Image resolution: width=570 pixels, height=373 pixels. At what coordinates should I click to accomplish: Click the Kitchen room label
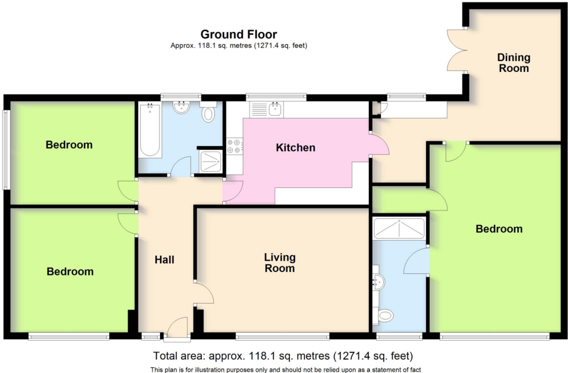click(295, 147)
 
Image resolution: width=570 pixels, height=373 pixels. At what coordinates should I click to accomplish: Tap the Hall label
click(164, 260)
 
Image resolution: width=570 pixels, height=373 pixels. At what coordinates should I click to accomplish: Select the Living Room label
click(280, 263)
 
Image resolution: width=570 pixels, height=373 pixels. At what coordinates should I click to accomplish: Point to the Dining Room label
click(514, 63)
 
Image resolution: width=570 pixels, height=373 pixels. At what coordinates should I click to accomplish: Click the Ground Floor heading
click(238, 34)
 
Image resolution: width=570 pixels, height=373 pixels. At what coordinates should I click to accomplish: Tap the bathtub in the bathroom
click(150, 130)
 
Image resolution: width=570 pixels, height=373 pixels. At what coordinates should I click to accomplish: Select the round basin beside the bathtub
click(181, 108)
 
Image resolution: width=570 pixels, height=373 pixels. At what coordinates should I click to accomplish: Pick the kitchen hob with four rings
click(234, 147)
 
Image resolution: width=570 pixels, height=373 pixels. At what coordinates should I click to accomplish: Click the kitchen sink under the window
click(266, 109)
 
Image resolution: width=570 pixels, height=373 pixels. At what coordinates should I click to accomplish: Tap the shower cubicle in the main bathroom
click(211, 162)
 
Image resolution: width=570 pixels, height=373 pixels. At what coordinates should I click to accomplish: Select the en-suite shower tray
click(399, 228)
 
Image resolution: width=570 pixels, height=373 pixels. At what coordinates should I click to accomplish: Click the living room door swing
click(204, 293)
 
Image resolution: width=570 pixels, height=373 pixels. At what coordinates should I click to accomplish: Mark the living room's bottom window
click(283, 336)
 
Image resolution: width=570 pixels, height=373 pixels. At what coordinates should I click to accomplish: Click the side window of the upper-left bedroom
click(6, 150)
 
